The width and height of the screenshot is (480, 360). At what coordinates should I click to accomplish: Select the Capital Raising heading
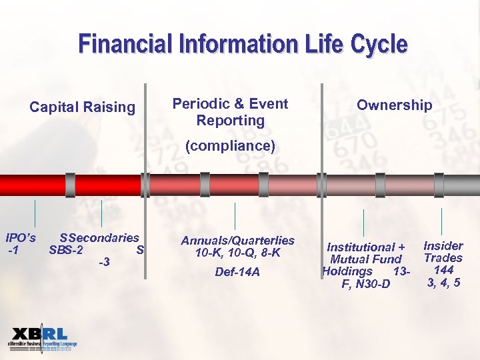click(x=83, y=107)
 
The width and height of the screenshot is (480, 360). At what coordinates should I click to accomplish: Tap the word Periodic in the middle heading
click(x=201, y=103)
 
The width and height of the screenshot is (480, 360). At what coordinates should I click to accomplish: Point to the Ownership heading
click(x=395, y=105)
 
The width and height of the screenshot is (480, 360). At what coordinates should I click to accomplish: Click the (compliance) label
click(x=230, y=145)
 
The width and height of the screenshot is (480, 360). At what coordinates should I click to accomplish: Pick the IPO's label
click(x=21, y=238)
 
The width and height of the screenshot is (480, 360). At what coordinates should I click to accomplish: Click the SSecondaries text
click(x=99, y=238)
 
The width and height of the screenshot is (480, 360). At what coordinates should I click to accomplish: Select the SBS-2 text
click(x=66, y=251)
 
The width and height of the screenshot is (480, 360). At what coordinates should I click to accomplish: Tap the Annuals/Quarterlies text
click(x=238, y=241)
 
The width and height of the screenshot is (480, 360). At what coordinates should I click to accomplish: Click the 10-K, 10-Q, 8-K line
click(x=238, y=253)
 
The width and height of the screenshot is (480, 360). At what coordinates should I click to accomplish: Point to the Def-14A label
click(x=238, y=272)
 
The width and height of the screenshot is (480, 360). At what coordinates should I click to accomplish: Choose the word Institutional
click(x=361, y=247)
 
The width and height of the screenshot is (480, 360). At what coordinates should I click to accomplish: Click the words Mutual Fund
click(x=366, y=259)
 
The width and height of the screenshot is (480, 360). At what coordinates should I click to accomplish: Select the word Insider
click(x=443, y=245)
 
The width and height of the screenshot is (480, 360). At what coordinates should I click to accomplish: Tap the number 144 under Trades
click(x=443, y=270)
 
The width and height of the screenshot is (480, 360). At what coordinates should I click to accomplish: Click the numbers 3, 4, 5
click(x=443, y=283)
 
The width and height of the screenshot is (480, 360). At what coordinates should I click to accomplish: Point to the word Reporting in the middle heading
click(x=231, y=121)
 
